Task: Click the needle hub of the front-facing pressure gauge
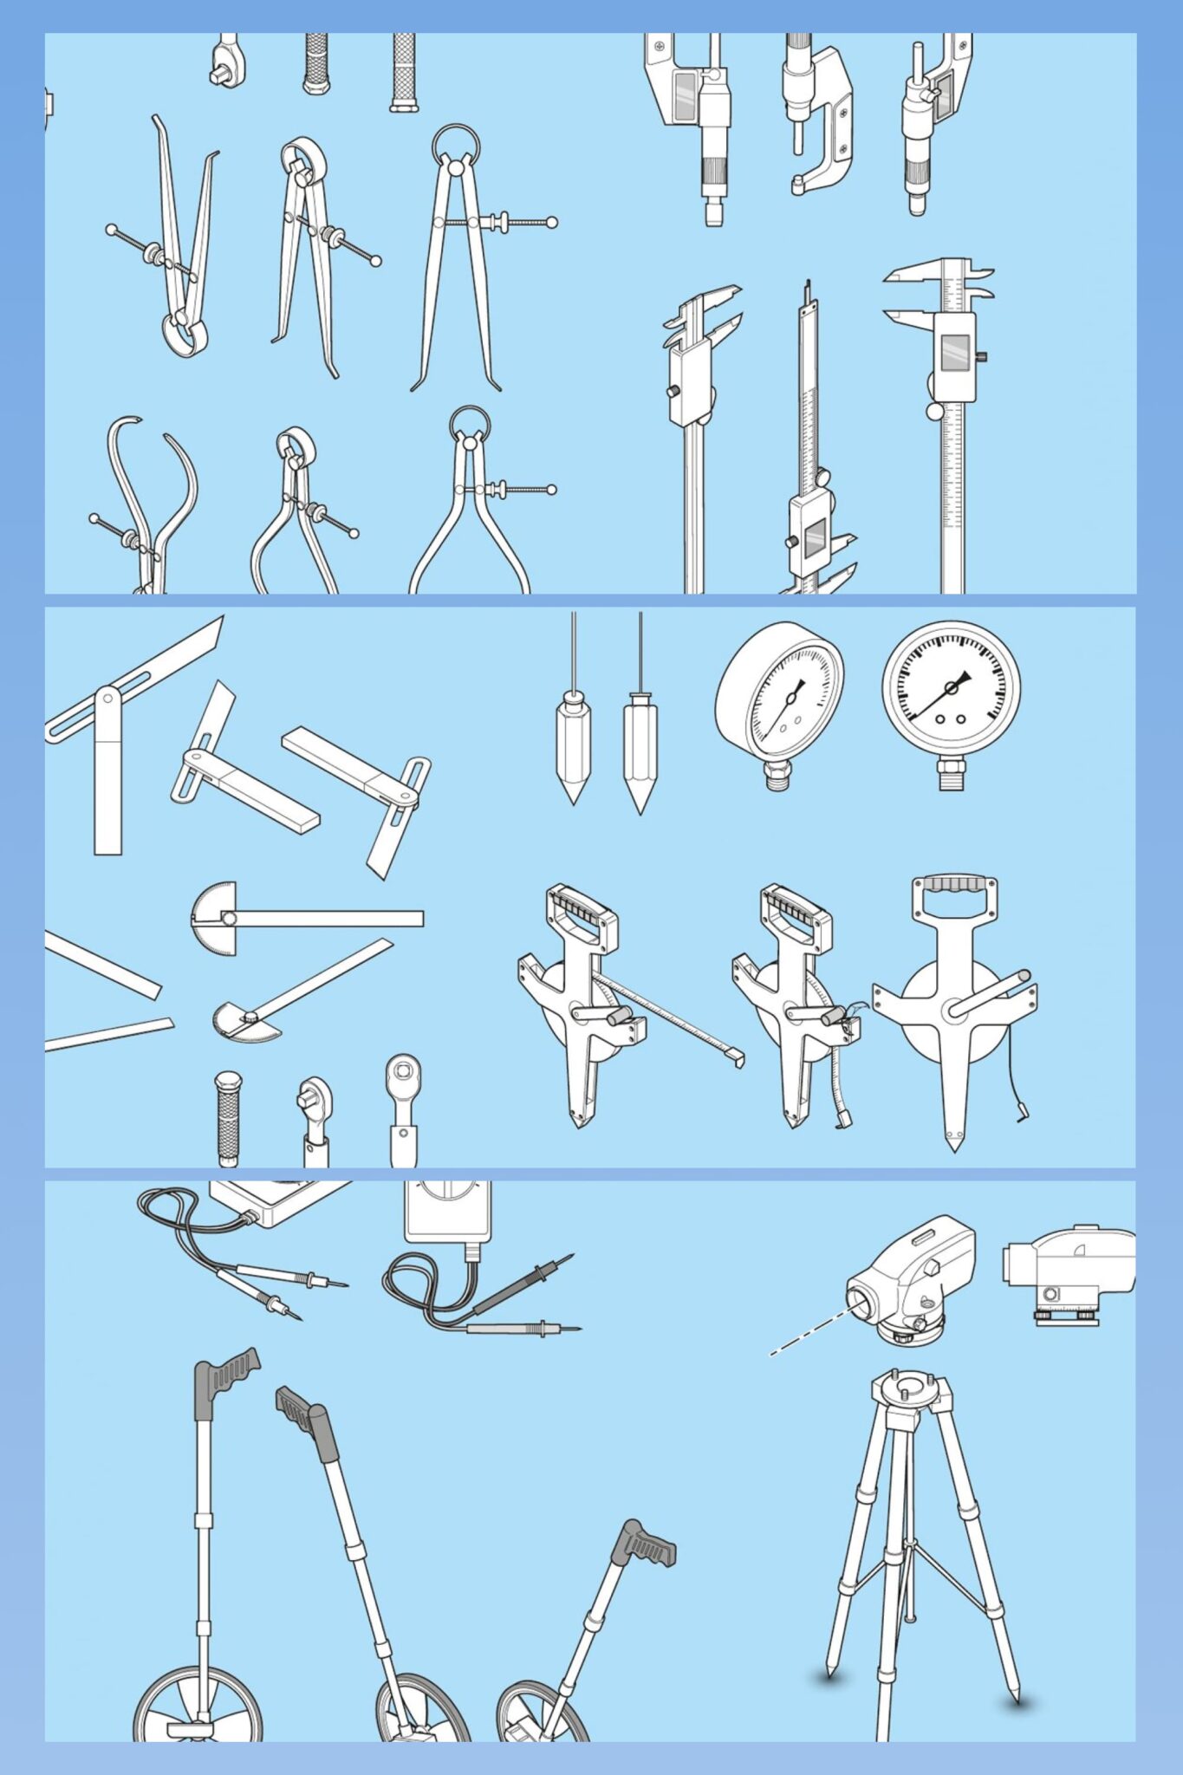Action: [951, 687]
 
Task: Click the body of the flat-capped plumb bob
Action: [640, 741]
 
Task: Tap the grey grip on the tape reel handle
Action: [952, 885]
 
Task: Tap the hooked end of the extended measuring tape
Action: [737, 1057]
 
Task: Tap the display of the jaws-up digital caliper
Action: [954, 350]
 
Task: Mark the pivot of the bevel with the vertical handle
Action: [107, 698]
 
